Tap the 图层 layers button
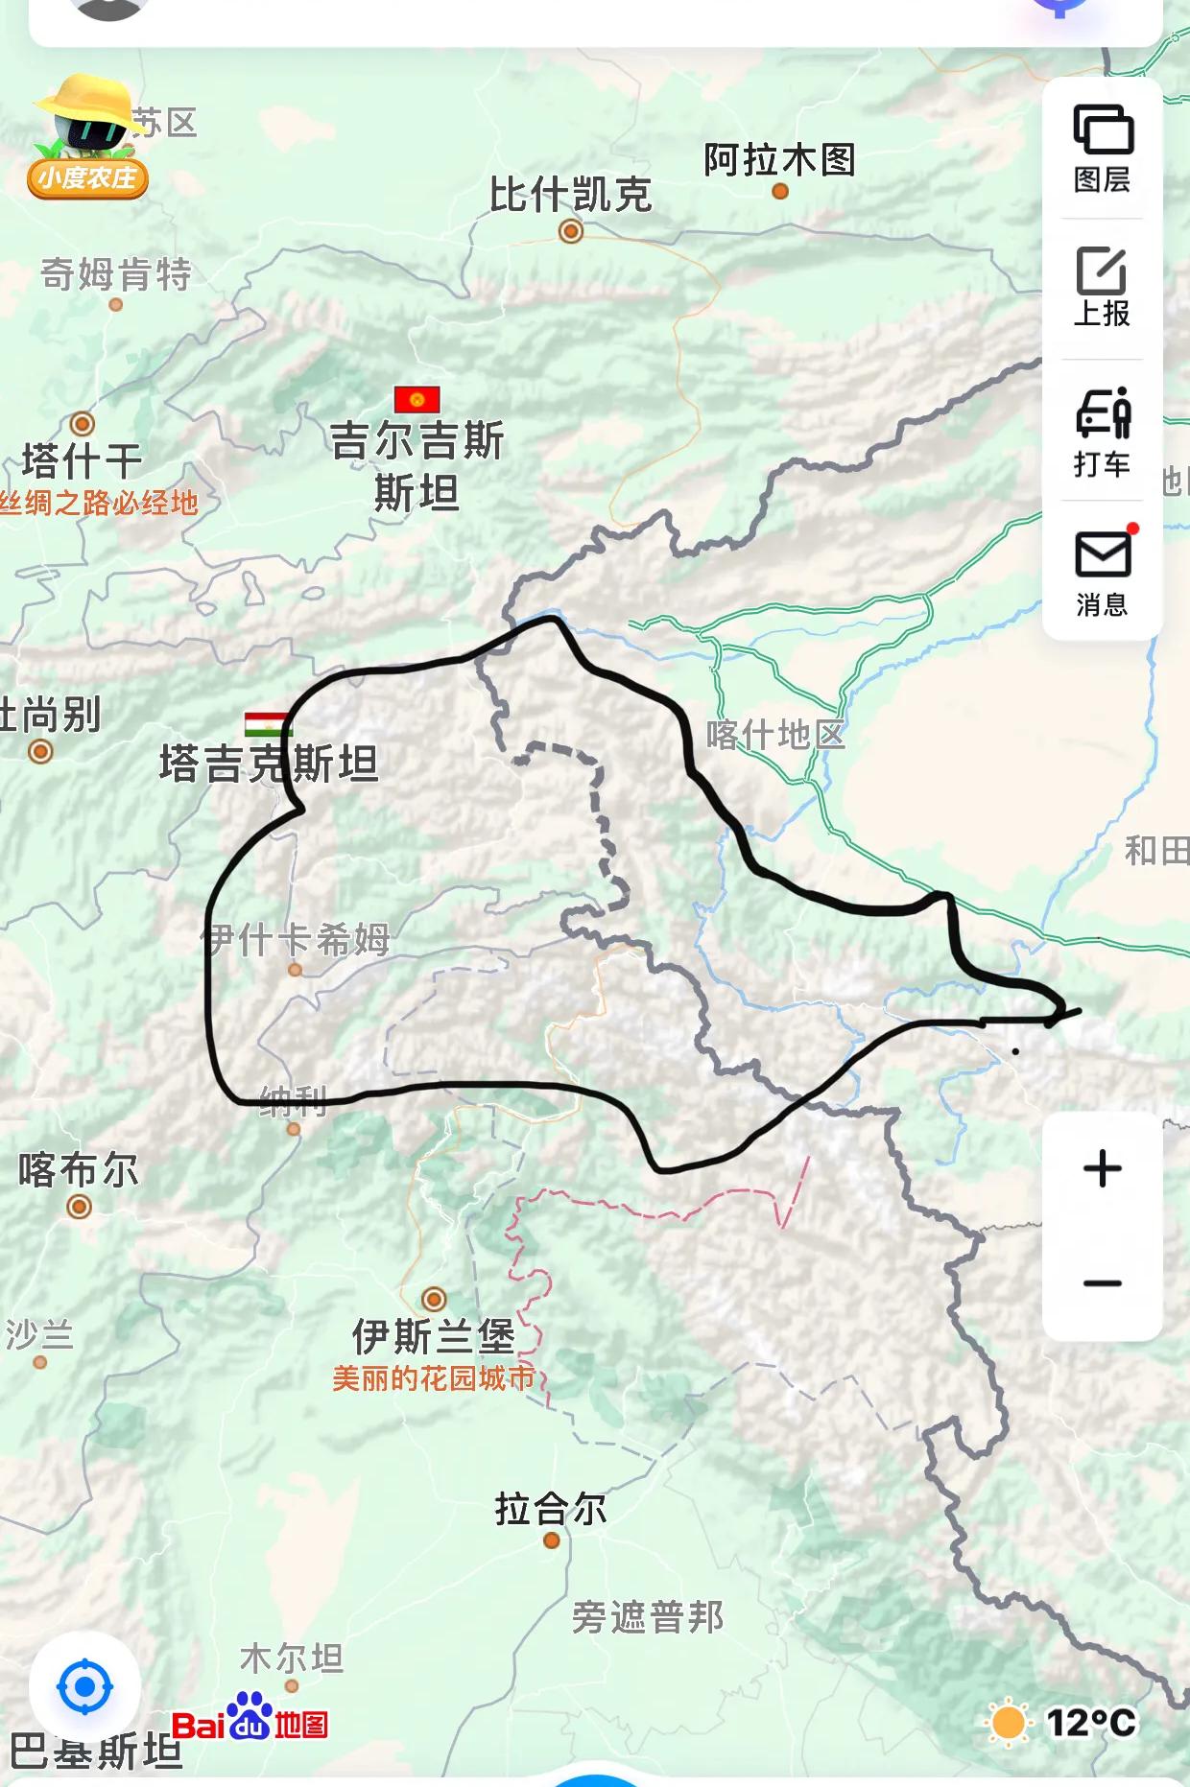pos(1103,148)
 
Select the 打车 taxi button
pos(1103,432)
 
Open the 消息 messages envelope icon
pos(1103,572)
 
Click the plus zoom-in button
pos(1102,1168)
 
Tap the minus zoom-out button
pos(1102,1282)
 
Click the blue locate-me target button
pos(84,1686)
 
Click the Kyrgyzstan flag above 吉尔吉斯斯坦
pos(417,399)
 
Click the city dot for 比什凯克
pos(571,231)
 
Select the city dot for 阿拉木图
pos(780,191)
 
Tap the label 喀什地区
pos(775,736)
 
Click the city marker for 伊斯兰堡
pos(434,1300)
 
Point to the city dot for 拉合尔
pos(552,1540)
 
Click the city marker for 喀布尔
pos(80,1207)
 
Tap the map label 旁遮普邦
pos(648,1617)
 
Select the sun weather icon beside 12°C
pos(1008,1723)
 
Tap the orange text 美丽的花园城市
pos(434,1378)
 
